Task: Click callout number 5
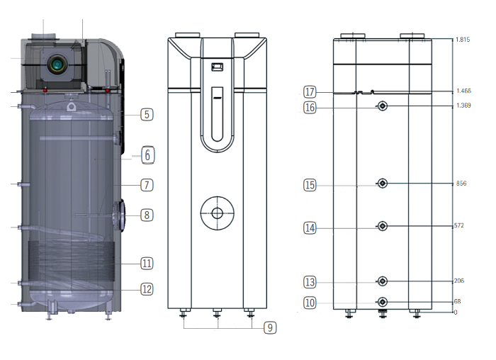tap(146, 113)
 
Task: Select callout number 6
tap(146, 154)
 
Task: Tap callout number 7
tap(146, 185)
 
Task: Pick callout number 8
tap(146, 215)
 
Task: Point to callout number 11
tap(146, 263)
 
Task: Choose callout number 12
tap(146, 288)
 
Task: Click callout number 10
tap(310, 303)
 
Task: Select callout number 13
tap(310, 282)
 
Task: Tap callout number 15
tap(310, 185)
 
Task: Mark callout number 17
tap(310, 92)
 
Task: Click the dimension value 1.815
tap(464, 40)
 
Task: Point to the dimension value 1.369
tap(464, 106)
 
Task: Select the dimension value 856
tap(461, 184)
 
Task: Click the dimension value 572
tap(461, 226)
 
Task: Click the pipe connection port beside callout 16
tap(383, 106)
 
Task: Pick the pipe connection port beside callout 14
tap(383, 226)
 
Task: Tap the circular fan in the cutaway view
tap(56, 65)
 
